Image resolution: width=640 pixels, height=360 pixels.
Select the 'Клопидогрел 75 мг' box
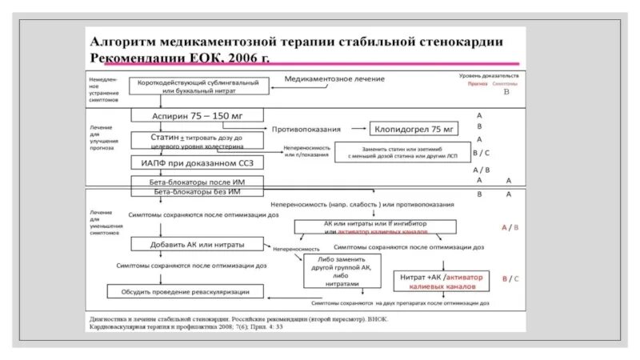coord(412,129)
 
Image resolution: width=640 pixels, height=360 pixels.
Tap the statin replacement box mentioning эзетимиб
coord(397,153)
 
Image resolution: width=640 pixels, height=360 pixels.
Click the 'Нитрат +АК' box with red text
coord(440,280)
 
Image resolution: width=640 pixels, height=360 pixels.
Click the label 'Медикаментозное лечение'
coord(335,79)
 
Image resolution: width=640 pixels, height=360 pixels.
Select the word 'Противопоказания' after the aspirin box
coord(306,129)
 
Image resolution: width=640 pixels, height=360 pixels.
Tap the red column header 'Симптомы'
coord(506,83)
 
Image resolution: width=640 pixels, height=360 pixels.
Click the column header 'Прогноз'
coord(478,83)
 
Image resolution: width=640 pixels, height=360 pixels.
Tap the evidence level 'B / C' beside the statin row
coord(480,152)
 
